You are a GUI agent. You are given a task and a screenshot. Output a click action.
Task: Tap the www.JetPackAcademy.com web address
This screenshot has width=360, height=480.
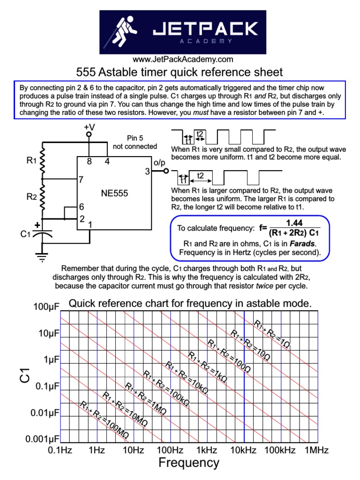tap(183, 60)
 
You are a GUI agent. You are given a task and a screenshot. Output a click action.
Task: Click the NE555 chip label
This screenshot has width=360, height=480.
tap(114, 193)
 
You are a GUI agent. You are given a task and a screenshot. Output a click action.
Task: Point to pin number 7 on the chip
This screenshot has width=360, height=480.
tap(81, 179)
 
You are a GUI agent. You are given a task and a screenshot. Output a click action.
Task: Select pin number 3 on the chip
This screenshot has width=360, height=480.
tap(147, 172)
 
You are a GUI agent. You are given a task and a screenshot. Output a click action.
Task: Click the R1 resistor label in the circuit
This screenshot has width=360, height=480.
tap(31, 161)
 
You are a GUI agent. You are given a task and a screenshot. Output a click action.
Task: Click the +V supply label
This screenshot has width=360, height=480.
tap(89, 127)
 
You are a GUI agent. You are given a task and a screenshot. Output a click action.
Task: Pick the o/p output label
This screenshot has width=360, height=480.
tap(159, 162)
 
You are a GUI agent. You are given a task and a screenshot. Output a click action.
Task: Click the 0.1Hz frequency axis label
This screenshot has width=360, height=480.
tap(60, 450)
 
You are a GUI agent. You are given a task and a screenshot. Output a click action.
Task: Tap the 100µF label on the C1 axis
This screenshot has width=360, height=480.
tap(46, 307)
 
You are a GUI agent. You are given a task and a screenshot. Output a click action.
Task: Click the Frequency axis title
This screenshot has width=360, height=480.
tap(188, 463)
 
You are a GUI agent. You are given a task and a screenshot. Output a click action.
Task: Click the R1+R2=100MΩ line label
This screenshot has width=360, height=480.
tap(105, 421)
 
